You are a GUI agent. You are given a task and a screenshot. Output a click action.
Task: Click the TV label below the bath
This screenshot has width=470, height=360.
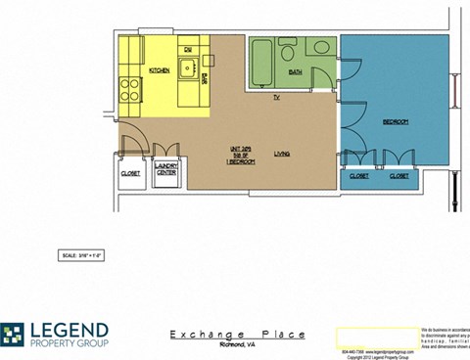point(277,99)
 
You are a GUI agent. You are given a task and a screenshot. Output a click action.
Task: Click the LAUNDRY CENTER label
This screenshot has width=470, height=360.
point(165,172)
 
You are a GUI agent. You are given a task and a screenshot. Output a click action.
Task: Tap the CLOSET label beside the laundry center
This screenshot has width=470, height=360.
point(130,173)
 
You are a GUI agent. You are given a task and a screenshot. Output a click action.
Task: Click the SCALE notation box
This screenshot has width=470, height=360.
point(82,255)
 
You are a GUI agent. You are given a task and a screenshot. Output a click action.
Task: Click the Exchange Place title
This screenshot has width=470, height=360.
point(237,335)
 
